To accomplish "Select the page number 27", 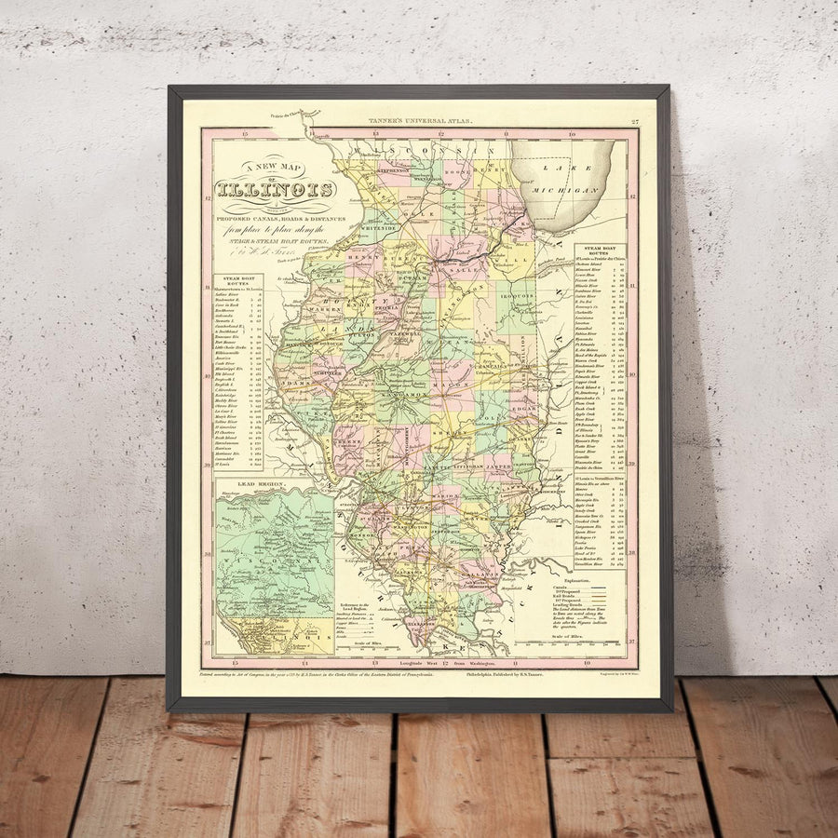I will [x=634, y=122].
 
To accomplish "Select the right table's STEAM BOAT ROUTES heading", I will [x=599, y=251].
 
